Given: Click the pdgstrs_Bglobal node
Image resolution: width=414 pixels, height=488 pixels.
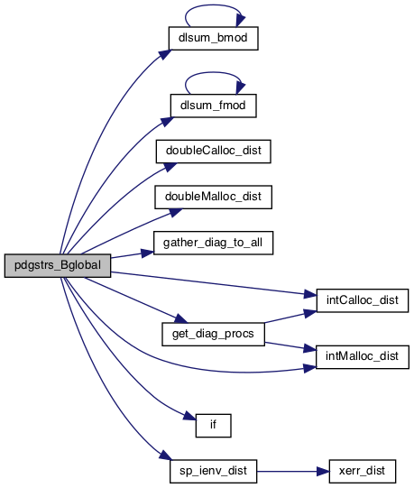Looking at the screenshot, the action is click(x=58, y=265).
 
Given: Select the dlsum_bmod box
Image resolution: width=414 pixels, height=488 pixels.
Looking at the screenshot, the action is click(x=213, y=38).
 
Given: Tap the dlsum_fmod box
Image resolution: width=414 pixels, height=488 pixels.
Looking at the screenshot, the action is click(x=213, y=106).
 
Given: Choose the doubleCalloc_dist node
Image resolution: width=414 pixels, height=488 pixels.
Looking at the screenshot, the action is click(x=213, y=152).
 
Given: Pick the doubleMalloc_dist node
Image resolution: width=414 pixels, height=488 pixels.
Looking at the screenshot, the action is click(x=213, y=197).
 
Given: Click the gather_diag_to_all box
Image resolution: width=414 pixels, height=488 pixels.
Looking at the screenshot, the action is click(x=213, y=243).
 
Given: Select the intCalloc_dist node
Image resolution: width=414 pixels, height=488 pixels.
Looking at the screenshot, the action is click(x=363, y=300).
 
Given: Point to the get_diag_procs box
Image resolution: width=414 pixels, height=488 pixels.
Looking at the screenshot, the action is click(x=213, y=334).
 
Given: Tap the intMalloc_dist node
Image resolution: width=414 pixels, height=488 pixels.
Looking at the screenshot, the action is click(x=363, y=357).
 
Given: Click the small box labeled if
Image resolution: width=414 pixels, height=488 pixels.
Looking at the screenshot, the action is click(x=213, y=426).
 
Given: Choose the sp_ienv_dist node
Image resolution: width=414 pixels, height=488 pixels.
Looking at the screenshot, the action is click(x=213, y=471).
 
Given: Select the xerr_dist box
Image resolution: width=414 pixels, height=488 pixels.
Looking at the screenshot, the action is click(x=363, y=471).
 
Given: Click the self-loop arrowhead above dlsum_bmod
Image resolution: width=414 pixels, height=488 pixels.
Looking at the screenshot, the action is click(x=240, y=21).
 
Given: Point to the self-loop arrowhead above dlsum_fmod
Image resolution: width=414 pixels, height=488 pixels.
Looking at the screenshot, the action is click(x=240, y=88).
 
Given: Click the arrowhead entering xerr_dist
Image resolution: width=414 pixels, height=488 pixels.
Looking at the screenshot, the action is click(x=323, y=471).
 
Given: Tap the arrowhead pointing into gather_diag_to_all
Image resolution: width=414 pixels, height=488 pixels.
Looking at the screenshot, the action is click(x=148, y=253).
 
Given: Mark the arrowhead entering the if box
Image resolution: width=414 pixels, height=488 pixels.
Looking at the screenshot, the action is click(x=190, y=416).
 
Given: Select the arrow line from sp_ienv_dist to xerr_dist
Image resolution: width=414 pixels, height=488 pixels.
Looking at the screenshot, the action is click(x=293, y=471).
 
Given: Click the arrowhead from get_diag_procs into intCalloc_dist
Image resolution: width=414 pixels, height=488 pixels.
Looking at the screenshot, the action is click(x=310, y=313).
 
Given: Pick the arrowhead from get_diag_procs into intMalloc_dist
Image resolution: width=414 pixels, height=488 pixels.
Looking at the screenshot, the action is click(x=309, y=348).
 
